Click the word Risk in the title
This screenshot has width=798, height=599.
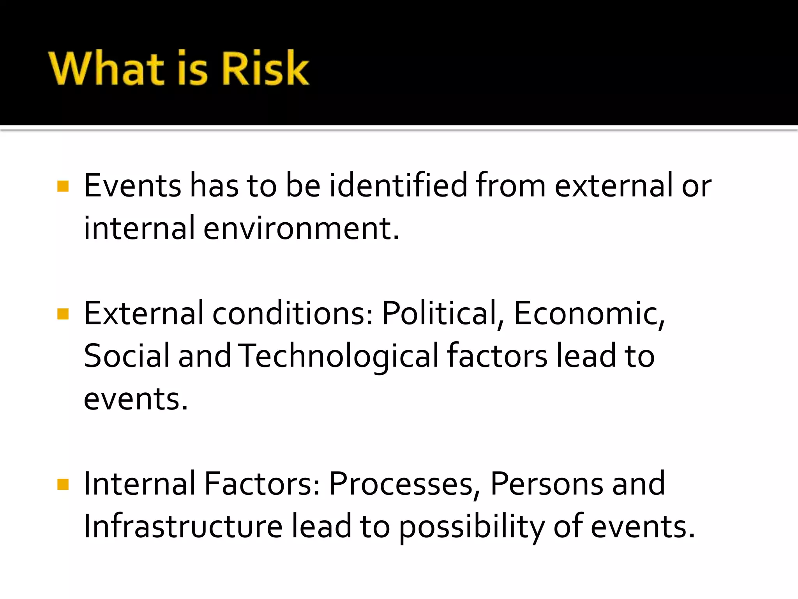coord(265,68)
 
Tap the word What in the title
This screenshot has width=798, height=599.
coord(106,68)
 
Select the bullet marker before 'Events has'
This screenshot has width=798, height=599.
coord(63,186)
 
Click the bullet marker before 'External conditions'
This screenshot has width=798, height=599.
coord(63,314)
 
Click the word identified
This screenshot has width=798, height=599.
coord(398,185)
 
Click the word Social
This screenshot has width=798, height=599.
coord(127,356)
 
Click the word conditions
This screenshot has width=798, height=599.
coord(293,313)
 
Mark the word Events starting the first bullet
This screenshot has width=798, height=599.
coord(132,185)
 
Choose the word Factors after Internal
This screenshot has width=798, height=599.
coord(262,484)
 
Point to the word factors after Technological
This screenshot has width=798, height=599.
coord(497,356)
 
